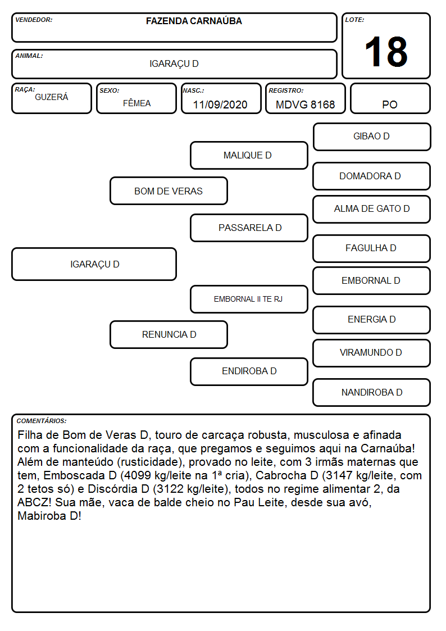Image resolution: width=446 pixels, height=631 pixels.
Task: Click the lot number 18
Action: tap(386, 52)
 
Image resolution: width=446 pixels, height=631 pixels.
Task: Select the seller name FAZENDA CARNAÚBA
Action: tap(194, 21)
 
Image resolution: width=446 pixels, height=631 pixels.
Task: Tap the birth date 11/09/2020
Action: tap(220, 105)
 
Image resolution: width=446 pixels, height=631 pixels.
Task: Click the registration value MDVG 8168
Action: tap(305, 105)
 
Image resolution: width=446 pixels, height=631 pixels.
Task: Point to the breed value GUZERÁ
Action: tap(52, 97)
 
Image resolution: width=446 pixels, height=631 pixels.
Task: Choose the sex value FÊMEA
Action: tap(136, 103)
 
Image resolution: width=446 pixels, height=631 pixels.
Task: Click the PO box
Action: tap(390, 98)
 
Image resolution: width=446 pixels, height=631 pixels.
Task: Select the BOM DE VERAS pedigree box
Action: tap(169, 191)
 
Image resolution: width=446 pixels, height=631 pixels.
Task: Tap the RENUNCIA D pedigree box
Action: tap(169, 334)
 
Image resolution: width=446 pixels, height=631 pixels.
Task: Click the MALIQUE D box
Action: tap(249, 155)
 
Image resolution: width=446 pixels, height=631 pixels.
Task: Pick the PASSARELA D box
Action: tap(249, 228)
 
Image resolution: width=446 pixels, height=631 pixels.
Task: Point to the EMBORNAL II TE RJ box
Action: tap(249, 299)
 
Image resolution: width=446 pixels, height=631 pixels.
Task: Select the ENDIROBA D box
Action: tap(249, 371)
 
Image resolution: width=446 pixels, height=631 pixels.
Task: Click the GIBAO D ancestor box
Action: tap(372, 137)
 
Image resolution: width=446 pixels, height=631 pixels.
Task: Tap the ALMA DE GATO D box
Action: tap(372, 209)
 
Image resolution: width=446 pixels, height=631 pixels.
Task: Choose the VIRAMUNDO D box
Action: tap(372, 353)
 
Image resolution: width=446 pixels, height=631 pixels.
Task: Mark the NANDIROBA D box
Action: tap(372, 392)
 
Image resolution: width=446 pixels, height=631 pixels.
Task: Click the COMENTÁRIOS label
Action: tap(42, 421)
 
